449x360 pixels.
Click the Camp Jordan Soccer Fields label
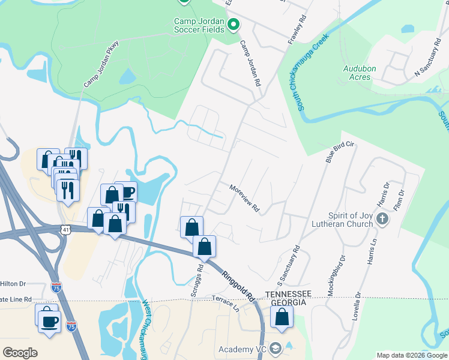[199, 25]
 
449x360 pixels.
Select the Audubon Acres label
[360, 73]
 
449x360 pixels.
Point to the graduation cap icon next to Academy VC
[276, 349]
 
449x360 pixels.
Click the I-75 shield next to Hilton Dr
[56, 287]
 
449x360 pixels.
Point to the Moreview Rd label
[244, 198]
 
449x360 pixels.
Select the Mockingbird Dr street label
[336, 276]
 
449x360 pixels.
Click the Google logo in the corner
[20, 352]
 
